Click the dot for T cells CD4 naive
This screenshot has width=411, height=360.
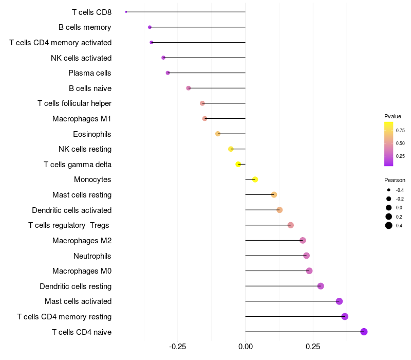coord(364,332)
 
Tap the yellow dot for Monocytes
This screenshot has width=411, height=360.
coord(255,179)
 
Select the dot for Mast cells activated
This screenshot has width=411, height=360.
coord(339,301)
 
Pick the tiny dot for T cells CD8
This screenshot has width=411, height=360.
coord(126,12)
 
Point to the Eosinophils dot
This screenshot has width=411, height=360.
coord(218,134)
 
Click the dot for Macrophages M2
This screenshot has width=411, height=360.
coord(303,240)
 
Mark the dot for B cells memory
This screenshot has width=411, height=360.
coord(150,27)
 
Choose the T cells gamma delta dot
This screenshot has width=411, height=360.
coord(238,164)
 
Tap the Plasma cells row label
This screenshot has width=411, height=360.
coord(90,73)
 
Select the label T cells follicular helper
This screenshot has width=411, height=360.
coord(74,103)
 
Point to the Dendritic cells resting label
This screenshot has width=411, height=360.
coord(76,286)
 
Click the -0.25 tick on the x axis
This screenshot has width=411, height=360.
coord(177,347)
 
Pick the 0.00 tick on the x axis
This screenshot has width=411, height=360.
coord(246,347)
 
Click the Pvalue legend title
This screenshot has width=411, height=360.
coord(393,116)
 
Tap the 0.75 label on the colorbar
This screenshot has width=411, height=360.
coord(400,131)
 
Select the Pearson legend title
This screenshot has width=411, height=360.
coord(395,180)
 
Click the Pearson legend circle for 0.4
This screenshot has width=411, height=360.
coord(389,225)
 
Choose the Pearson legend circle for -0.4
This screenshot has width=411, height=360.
coord(389,190)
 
